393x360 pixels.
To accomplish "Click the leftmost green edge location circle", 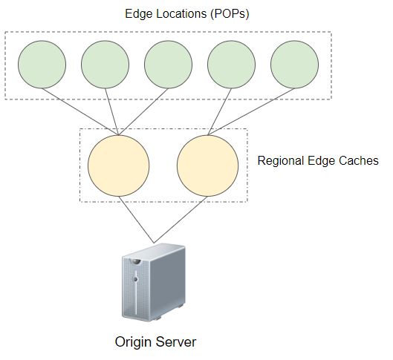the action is tap(42, 65).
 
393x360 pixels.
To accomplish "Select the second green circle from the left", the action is tap(105, 65).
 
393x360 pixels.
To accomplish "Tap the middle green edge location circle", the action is tap(168, 65).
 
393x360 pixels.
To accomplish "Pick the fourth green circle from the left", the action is tap(231, 65).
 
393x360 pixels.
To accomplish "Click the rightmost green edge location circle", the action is tap(294, 65).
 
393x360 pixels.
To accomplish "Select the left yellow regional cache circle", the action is tap(119, 166).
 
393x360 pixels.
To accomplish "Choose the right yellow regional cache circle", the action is tap(208, 166).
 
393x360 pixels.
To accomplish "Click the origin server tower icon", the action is tap(154, 282).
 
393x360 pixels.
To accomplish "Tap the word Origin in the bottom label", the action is tap(133, 342).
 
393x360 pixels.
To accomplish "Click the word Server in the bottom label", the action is tap(177, 341).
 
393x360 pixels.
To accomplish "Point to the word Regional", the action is tap(281, 161).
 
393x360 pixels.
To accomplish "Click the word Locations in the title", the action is tap(182, 13).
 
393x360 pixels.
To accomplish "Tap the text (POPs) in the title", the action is tap(230, 14).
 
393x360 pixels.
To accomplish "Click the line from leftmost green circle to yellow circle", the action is tap(80, 112).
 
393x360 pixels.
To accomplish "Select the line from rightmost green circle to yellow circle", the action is tap(251, 112).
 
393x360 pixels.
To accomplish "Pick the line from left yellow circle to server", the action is tap(137, 220).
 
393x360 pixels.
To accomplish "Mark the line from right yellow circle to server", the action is tap(181, 220).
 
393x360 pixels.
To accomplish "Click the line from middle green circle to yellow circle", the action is tap(143, 112).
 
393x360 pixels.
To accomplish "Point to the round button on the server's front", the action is tap(135, 279).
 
